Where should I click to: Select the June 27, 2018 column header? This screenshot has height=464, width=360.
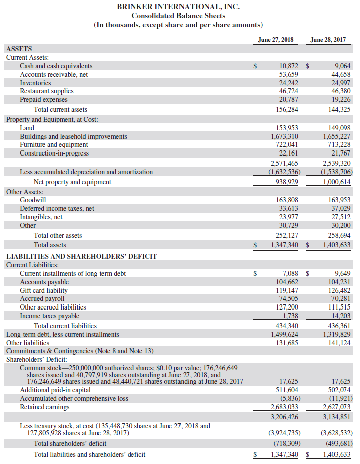[276, 39]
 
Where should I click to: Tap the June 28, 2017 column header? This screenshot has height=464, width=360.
[328, 39]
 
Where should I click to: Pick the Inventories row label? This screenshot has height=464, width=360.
[35, 83]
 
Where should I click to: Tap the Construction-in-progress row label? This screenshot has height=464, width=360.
[54, 153]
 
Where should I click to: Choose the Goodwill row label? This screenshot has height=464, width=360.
[33, 200]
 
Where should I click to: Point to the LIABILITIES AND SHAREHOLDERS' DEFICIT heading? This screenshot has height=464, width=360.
[81, 256]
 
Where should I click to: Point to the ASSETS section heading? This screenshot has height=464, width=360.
[19, 49]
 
